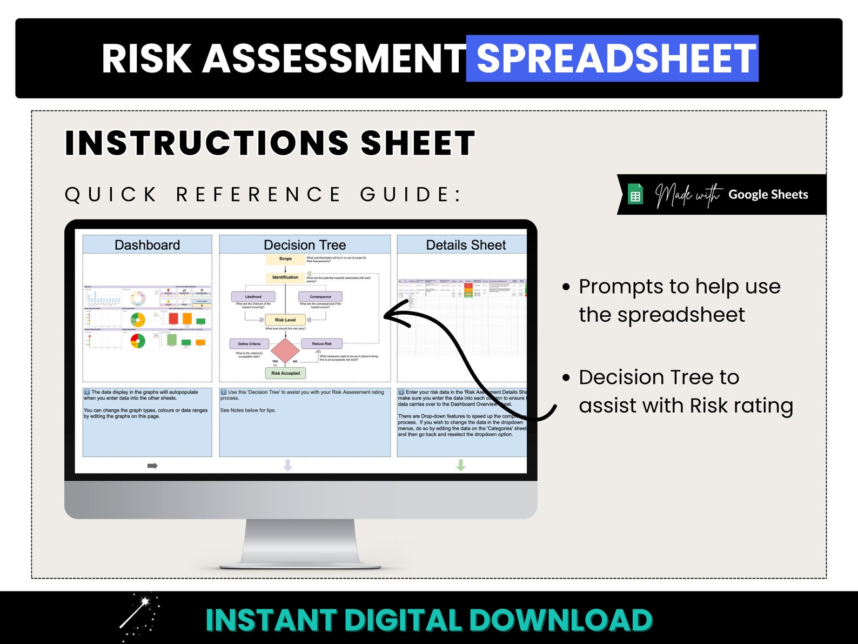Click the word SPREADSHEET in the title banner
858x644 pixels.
click(x=615, y=58)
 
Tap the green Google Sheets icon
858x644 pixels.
click(x=635, y=195)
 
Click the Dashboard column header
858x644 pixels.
click(x=147, y=245)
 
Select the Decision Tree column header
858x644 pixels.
click(x=305, y=245)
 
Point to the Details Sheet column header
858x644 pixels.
click(x=465, y=245)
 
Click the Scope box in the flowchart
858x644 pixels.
click(x=285, y=259)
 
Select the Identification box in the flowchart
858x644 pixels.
click(x=285, y=277)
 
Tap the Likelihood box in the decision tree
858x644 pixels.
click(x=253, y=296)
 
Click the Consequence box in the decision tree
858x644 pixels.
click(x=320, y=296)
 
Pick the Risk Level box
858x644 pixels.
click(x=285, y=320)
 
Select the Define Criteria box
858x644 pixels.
click(x=249, y=344)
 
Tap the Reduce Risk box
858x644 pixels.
click(x=321, y=344)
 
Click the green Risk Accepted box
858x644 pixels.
click(x=285, y=373)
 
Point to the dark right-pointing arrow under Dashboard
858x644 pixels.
click(x=152, y=466)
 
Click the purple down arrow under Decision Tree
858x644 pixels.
click(x=287, y=465)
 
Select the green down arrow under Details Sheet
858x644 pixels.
click(x=460, y=465)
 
